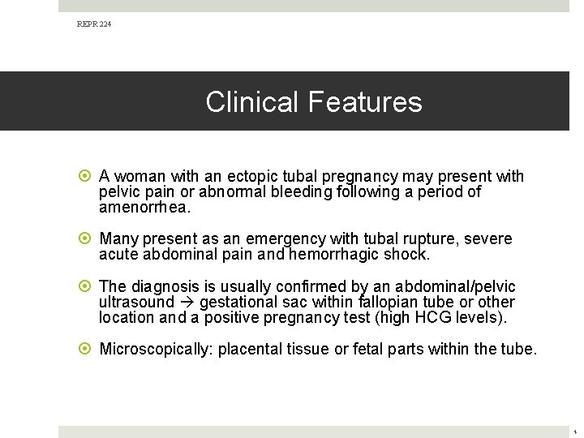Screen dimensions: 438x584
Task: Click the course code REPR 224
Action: (x=94, y=25)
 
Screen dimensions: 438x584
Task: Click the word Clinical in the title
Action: (x=252, y=102)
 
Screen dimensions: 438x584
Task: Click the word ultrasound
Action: (x=136, y=302)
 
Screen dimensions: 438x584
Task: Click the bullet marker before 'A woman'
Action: (x=86, y=177)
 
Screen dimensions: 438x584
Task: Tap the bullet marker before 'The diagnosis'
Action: (x=86, y=287)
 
